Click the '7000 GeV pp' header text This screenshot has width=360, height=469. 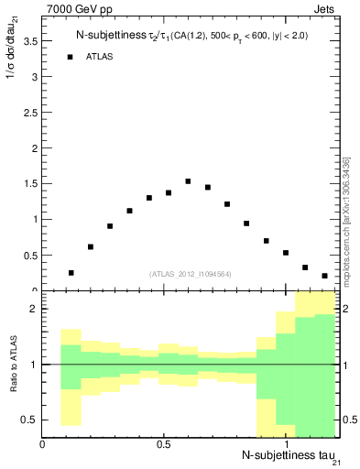point(76,10)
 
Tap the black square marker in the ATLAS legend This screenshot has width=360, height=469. point(70,57)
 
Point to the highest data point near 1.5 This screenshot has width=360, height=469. point(188,181)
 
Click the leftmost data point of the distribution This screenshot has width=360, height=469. point(71,273)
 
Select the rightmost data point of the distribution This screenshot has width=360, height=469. point(325,276)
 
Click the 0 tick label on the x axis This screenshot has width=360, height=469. point(43,444)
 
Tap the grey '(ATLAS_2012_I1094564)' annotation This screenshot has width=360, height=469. point(191,274)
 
